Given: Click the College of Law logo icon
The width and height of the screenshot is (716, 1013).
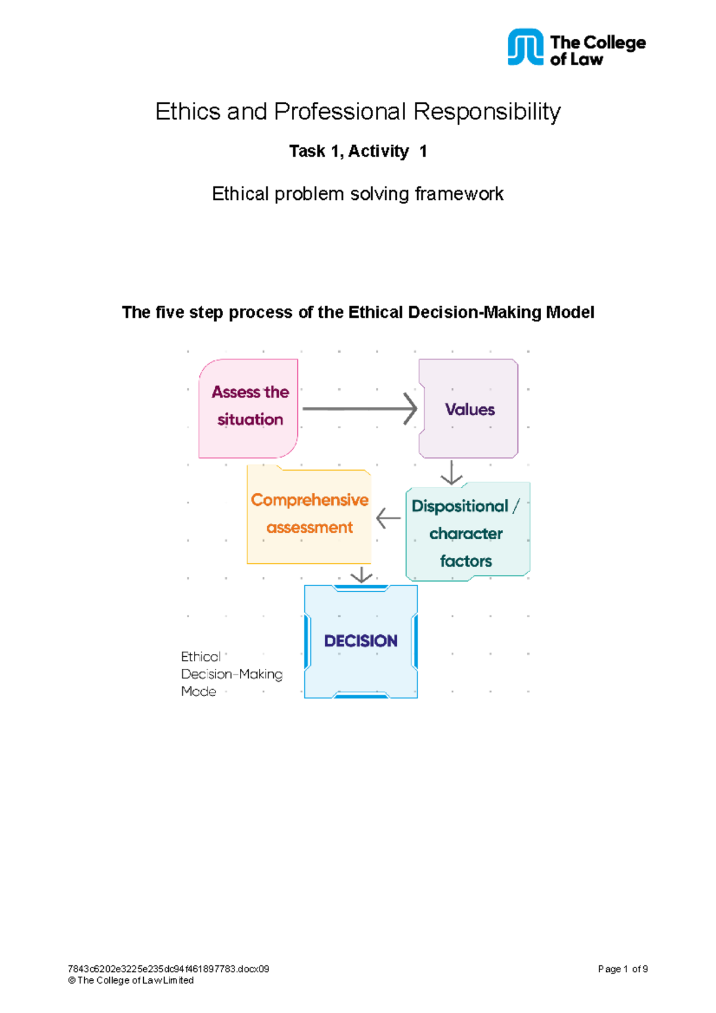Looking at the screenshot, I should tap(525, 47).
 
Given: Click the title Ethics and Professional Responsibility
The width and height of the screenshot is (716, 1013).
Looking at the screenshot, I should tap(357, 112).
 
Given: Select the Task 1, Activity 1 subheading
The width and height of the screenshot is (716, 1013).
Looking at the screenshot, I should tap(357, 152).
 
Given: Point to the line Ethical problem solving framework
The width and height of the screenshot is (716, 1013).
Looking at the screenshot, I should tap(357, 194).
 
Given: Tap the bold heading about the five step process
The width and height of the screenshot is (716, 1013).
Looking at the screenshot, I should tap(357, 313).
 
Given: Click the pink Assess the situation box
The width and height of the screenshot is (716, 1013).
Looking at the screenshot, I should tap(248, 408).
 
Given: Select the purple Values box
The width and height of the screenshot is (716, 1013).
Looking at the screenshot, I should tap(469, 409).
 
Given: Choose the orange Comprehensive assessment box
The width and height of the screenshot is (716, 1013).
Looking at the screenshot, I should tap(309, 514).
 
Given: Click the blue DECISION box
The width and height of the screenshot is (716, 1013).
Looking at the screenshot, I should tap(360, 641).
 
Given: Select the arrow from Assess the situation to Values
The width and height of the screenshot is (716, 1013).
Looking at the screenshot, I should tap(359, 409).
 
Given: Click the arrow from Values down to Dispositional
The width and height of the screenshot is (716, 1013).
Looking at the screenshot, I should tap(452, 472).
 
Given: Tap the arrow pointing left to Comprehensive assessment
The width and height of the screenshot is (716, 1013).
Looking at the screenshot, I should tap(388, 518).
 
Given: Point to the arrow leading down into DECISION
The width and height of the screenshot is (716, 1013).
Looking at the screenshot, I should tap(361, 575).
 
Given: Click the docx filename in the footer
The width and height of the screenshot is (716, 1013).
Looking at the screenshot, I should tap(168, 969).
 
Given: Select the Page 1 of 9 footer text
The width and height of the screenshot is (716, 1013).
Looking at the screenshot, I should tap(622, 969).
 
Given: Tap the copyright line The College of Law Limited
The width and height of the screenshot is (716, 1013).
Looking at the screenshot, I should tap(131, 980).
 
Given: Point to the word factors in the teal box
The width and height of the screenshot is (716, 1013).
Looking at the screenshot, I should tap(466, 561).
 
